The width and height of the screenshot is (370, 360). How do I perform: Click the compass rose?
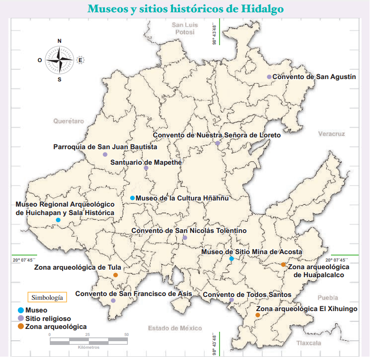pyautogui.click(x=60, y=60)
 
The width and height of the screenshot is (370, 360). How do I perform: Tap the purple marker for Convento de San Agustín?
pyautogui.click(x=269, y=77)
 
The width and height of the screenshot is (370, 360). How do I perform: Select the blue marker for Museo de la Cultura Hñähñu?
pyautogui.click(x=133, y=198)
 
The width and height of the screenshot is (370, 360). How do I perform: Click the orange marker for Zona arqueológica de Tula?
pyautogui.click(x=116, y=275)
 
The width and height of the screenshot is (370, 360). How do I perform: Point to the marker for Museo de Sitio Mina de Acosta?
pyautogui.click(x=231, y=259)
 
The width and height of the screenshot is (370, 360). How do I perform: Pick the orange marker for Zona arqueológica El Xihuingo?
pyautogui.click(x=258, y=315)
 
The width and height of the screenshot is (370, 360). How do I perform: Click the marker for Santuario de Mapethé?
pyautogui.click(x=146, y=168)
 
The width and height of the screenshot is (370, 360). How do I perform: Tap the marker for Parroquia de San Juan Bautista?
pyautogui.click(x=105, y=154)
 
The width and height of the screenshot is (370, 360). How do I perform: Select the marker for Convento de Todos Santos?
pyautogui.click(x=231, y=300)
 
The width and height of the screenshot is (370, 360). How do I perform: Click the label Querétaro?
pyautogui.click(x=69, y=121)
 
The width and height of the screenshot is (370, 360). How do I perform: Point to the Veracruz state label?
pyautogui.click(x=331, y=134)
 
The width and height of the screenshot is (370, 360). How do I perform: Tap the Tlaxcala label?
pyautogui.click(x=308, y=344)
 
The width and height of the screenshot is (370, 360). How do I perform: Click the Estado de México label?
pyautogui.click(x=174, y=328)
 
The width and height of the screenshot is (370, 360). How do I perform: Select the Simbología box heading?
pyautogui.click(x=46, y=297)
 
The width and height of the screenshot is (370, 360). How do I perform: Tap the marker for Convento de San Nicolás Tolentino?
pyautogui.click(x=185, y=238)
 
